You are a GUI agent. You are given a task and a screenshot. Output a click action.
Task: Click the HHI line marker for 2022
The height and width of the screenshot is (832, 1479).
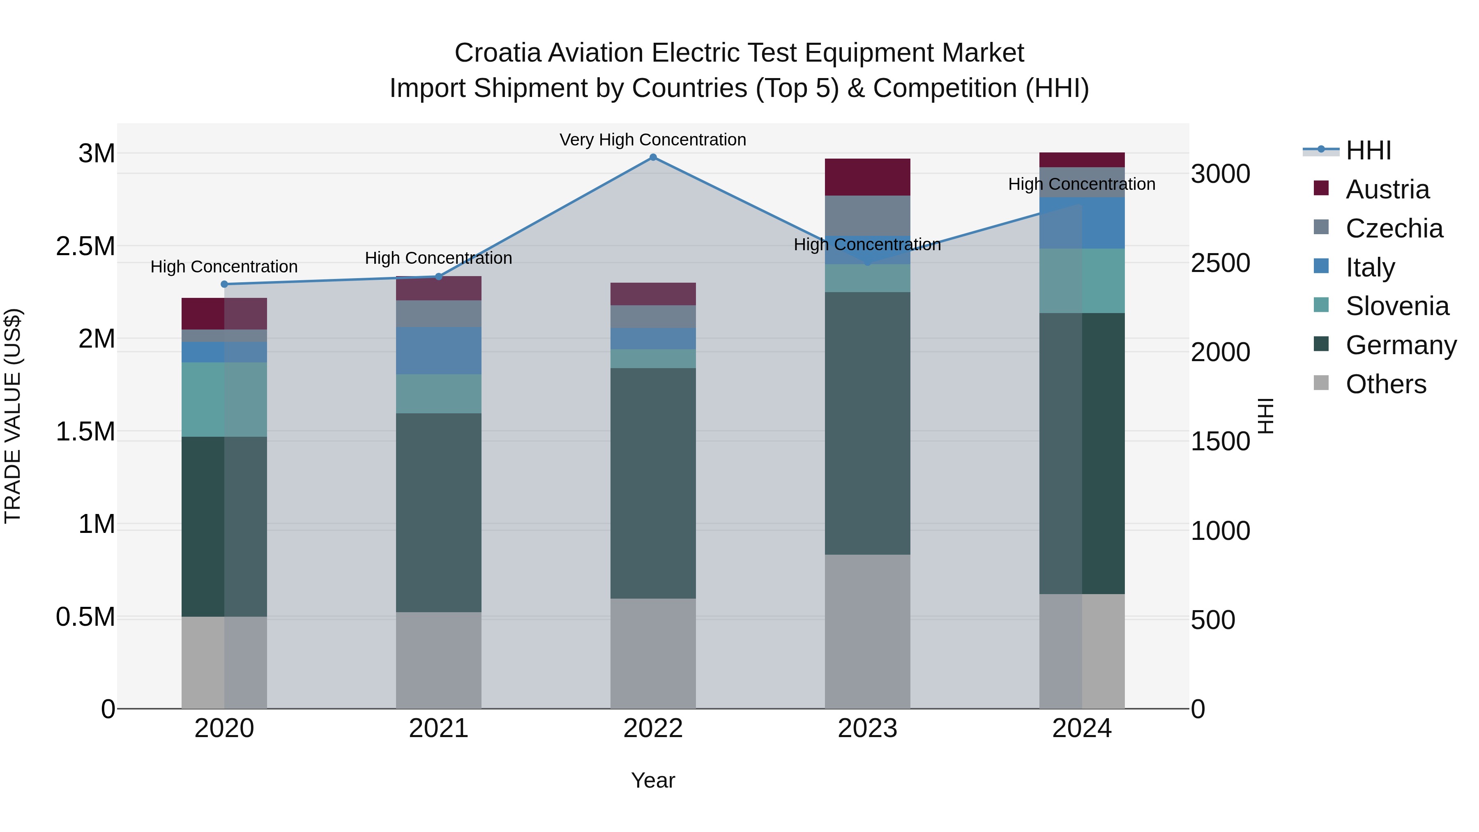point(653,157)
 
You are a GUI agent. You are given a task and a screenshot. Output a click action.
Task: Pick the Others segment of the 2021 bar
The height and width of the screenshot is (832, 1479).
point(439,660)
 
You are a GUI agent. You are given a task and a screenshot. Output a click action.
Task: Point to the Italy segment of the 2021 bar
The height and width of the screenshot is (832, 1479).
point(439,351)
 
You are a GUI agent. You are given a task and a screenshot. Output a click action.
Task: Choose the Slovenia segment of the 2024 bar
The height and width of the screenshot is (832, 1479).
point(1082,281)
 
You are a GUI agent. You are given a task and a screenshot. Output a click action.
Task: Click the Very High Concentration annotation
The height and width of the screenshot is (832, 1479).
point(653,140)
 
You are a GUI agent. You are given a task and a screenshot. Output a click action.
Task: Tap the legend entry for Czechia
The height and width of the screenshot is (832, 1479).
point(1394,228)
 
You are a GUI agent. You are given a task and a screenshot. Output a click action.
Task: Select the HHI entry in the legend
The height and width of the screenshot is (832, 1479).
point(1368,150)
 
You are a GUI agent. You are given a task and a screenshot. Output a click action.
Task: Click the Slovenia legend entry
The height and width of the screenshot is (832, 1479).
point(1396,306)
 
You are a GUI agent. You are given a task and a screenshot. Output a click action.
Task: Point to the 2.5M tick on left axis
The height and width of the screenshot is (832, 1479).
point(85,247)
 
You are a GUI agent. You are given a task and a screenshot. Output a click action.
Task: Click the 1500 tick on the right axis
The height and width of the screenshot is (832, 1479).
point(1220,442)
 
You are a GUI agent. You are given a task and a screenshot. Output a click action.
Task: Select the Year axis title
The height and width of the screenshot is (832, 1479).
point(653,780)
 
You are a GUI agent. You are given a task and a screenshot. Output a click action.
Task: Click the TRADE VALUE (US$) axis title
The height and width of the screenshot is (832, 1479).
point(13,416)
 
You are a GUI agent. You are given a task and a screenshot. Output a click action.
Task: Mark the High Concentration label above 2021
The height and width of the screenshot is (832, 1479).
point(439,258)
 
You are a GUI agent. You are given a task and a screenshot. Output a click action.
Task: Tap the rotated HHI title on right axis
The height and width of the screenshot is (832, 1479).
point(1265,416)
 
